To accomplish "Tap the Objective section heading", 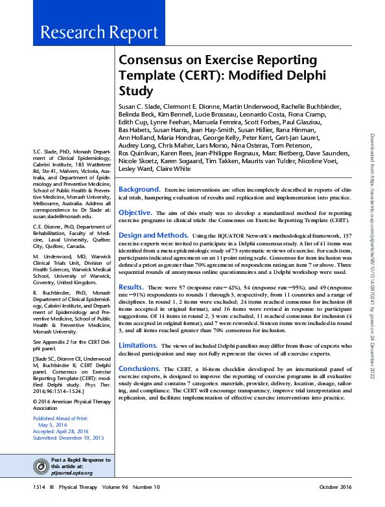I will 135,212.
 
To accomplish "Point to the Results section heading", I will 131,286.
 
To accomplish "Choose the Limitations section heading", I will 138,346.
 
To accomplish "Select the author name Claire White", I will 173,170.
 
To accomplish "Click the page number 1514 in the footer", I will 39,486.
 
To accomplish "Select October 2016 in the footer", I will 336,486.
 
